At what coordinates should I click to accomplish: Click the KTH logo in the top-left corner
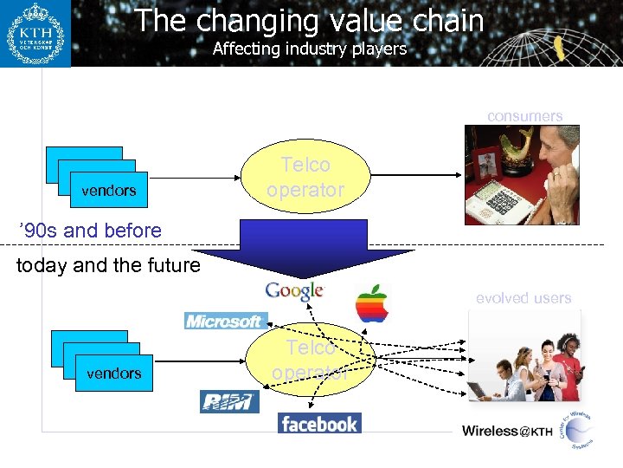coord(35,33)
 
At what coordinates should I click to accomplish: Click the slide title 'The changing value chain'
coord(309,20)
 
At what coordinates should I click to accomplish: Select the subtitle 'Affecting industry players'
coord(309,49)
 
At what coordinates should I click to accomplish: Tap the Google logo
coord(295,291)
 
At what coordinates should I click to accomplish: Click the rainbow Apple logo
coord(372,304)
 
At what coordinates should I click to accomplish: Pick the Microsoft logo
coord(223,321)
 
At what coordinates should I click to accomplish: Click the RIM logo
coord(229,401)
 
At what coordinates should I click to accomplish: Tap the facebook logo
coord(318,424)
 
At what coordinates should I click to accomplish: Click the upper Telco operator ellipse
coord(305,177)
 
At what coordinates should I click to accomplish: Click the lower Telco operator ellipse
coord(310,360)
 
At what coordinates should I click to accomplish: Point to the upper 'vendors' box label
coord(109,191)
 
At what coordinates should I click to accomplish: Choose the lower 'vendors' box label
coord(114,374)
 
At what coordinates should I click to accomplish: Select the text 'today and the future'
coord(108,265)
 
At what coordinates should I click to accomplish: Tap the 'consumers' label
coord(524,116)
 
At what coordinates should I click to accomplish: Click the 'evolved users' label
coord(523,298)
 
